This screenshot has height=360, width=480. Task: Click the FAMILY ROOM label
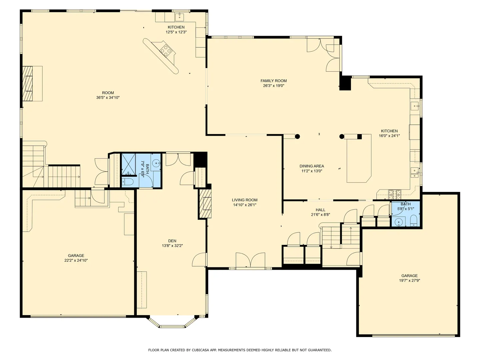point(274,81)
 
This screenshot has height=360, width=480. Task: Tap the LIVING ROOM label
point(245,200)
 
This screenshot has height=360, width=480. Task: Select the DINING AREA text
point(312,166)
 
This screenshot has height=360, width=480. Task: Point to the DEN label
point(172,241)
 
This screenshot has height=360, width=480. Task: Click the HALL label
point(321,210)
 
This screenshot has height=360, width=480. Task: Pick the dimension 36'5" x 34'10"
point(108,97)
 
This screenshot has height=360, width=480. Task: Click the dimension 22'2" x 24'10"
point(76,260)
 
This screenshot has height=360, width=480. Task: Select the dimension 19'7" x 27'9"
point(410,280)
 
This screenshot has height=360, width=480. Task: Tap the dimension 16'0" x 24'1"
point(389,136)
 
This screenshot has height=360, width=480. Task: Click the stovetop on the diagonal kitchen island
point(166,50)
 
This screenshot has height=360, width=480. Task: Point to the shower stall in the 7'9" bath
point(129,165)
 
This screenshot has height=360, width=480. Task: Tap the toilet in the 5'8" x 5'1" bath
point(414,221)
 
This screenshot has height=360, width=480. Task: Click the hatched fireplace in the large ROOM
point(28,83)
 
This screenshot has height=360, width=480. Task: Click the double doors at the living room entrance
point(250,260)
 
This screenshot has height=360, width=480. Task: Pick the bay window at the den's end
point(172,322)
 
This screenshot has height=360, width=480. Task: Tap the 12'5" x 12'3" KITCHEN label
point(176,30)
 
